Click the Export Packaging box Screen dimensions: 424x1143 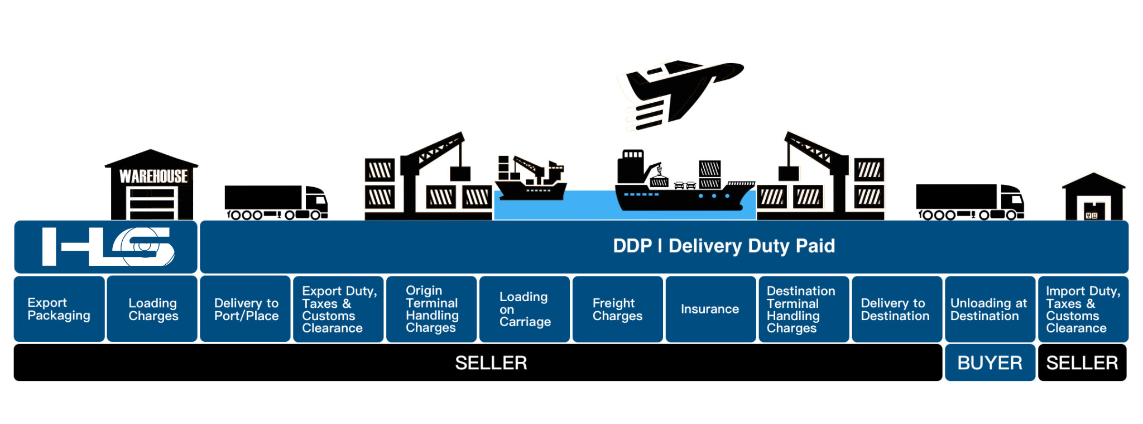tap(59, 309)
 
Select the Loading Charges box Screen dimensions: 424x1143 tap(152, 309)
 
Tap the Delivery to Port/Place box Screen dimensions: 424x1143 tap(246, 309)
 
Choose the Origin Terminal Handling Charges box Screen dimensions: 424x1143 tap(431, 309)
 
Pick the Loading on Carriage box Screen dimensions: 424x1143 tap(525, 309)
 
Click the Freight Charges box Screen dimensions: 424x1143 tap(618, 309)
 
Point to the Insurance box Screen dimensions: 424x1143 tap(710, 309)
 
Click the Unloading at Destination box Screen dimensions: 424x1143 tap(990, 309)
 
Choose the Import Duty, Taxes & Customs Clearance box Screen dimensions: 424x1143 tap(1083, 309)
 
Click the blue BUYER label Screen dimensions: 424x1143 tap(990, 363)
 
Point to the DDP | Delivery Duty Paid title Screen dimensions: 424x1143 tap(724, 246)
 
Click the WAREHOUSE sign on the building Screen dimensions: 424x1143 tap(153, 177)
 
